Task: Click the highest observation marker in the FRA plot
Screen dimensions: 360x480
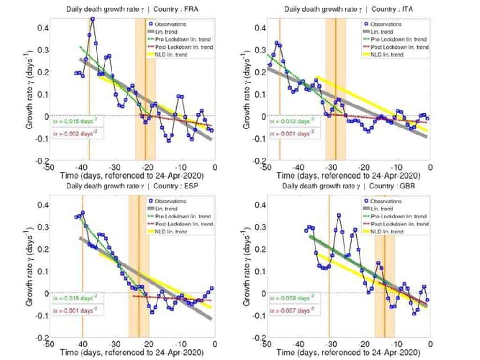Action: tap(92, 20)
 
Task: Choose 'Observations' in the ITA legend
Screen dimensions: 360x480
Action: tap(386, 23)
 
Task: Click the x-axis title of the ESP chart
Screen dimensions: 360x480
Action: tap(131, 352)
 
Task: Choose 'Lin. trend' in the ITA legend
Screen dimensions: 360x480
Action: tap(380, 31)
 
